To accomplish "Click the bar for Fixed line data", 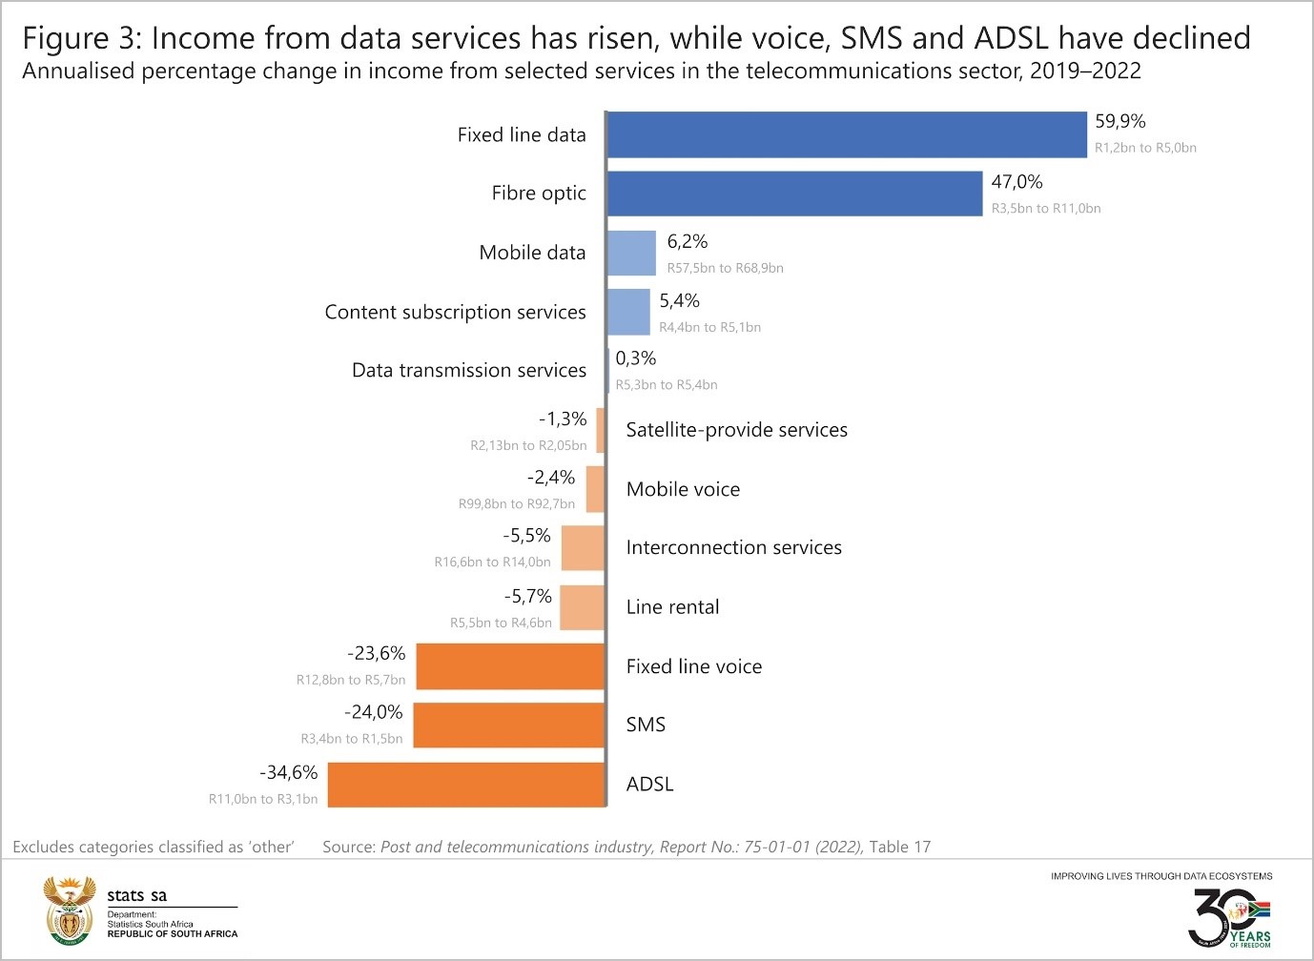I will [847, 134].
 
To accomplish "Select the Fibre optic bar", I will [794, 194].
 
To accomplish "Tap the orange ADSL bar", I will [467, 785].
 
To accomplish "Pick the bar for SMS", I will [509, 726].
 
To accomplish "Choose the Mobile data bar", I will [631, 253].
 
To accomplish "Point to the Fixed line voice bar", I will [510, 666].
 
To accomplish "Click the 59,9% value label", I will [1120, 122].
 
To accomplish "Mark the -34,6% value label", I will [289, 772].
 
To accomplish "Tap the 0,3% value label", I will [636, 358].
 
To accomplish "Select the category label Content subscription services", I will [455, 313].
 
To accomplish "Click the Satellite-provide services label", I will [736, 430].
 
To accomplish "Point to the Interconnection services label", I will [733, 548].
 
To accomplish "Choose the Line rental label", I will [672, 607].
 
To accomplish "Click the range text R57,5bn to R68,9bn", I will [725, 268].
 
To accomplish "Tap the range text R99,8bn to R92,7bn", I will [517, 503].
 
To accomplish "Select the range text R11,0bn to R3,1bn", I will [263, 799].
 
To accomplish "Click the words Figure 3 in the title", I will [81, 38].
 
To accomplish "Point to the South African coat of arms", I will [70, 911].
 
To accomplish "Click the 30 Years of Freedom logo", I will [1229, 918].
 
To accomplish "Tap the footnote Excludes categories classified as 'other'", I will [154, 847].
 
